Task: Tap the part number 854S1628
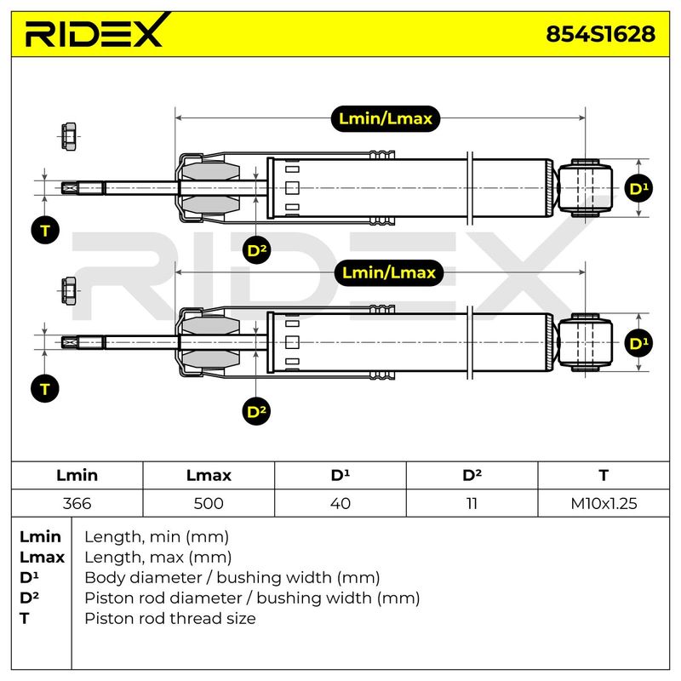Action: click(600, 34)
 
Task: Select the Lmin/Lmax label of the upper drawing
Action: click(386, 118)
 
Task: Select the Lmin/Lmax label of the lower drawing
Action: click(389, 272)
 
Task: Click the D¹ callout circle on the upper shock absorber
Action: click(638, 188)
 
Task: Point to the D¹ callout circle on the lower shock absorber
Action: click(638, 343)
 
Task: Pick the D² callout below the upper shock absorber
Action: click(256, 250)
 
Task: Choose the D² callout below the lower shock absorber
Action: click(256, 411)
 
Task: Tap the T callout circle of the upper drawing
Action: click(45, 230)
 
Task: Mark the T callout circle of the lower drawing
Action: click(45, 389)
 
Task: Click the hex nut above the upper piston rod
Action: click(69, 136)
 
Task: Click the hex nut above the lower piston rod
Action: click(69, 290)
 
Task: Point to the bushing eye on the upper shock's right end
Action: click(585, 188)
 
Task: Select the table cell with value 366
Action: click(77, 503)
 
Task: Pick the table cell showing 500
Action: click(209, 503)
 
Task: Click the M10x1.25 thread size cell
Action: click(604, 503)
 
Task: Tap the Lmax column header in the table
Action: click(209, 475)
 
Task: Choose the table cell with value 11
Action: click(472, 503)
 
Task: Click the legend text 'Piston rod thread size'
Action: click(170, 619)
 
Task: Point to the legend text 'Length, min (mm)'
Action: click(157, 537)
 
